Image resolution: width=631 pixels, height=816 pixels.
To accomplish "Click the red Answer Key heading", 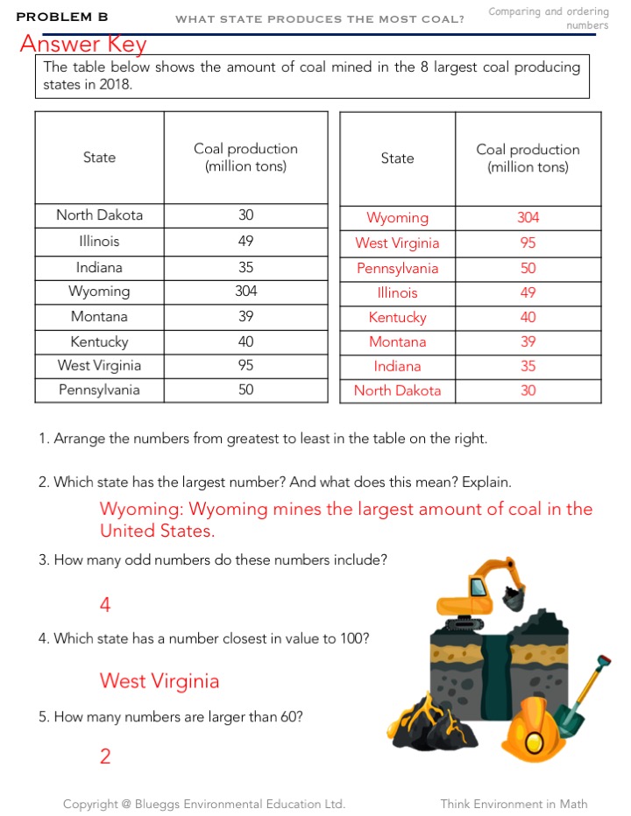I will pos(83,44).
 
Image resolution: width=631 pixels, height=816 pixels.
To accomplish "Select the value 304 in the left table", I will pos(245,292).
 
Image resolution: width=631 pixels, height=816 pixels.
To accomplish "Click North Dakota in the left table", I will pos(99,215).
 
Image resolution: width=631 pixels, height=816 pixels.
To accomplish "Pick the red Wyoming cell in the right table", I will pos(397,218).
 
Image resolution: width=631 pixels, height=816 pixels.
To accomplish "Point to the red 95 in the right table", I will pos(528,243).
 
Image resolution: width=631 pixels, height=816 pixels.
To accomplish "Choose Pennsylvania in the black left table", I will pos(99,390).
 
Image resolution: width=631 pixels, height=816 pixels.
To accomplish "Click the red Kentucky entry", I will pos(397,318).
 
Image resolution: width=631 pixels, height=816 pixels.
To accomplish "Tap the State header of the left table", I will pos(99,158).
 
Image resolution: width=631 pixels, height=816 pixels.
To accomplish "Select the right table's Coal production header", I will pos(528,158).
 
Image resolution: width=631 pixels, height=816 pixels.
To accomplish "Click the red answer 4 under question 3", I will pos(105,604).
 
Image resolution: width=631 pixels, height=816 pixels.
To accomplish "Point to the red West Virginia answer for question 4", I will pos(160,681).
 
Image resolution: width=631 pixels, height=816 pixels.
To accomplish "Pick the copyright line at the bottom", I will pos(204,804).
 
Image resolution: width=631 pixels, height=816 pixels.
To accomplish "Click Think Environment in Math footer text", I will pos(514,804).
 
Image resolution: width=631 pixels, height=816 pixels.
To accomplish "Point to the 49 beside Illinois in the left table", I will pos(245,242).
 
